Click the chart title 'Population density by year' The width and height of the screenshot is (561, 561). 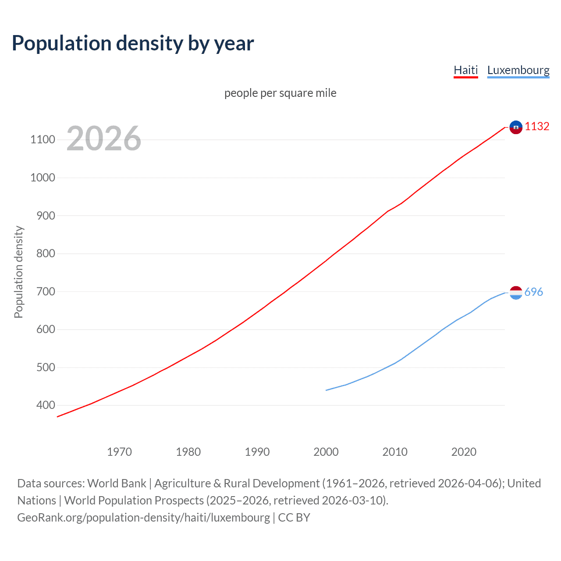(133, 43)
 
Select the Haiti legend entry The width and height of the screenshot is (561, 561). (465, 70)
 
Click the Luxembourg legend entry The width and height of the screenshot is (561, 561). (518, 70)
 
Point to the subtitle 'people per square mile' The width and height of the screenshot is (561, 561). (280, 93)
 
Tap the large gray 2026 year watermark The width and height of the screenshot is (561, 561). (104, 138)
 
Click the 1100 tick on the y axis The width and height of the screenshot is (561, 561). (43, 140)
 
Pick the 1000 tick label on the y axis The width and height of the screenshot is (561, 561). (43, 178)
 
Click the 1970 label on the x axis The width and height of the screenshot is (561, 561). (119, 452)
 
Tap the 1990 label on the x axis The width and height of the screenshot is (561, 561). (257, 452)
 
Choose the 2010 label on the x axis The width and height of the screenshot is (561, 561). (395, 452)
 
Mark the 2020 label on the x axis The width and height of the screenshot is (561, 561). (464, 452)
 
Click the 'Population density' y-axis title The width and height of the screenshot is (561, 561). (18, 272)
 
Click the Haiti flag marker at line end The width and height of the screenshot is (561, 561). (516, 127)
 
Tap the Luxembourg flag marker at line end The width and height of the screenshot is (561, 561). (516, 293)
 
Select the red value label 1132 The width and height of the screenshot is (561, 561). (537, 127)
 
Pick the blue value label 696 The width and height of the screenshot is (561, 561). (533, 292)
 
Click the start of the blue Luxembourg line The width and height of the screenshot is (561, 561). (327, 390)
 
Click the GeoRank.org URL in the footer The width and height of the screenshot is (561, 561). (144, 518)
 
